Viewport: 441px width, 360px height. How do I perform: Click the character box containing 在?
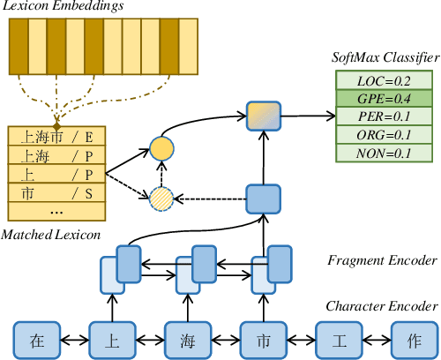[36, 340]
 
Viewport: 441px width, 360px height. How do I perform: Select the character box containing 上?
[112, 340]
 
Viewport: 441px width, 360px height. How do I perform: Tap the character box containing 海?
[188, 340]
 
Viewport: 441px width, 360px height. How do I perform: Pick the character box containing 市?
[264, 340]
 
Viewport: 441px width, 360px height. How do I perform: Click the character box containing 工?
[340, 340]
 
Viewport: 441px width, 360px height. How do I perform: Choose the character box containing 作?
[414, 340]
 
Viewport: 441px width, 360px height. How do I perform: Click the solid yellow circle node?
[161, 148]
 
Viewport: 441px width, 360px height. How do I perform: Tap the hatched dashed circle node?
[161, 199]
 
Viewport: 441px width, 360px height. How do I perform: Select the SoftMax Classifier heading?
[384, 57]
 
